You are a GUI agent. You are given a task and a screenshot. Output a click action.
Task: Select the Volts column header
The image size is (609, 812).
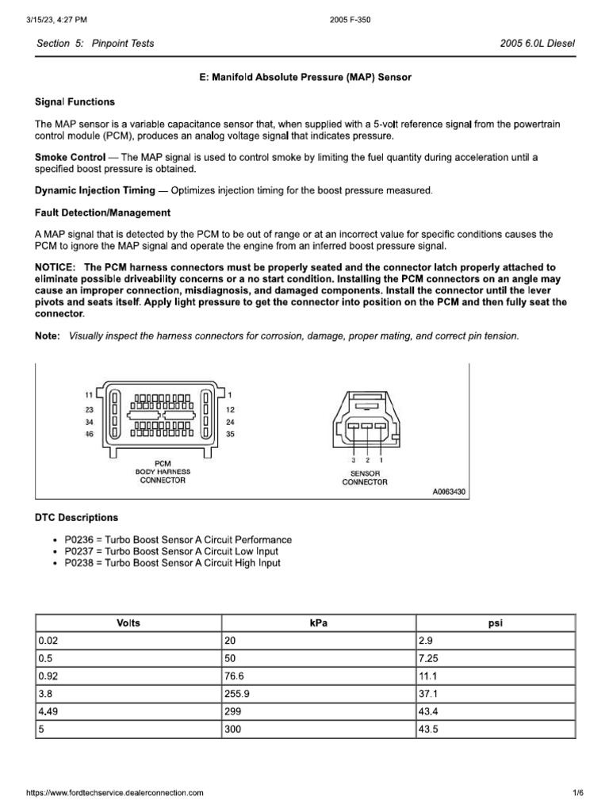pyautogui.click(x=128, y=623)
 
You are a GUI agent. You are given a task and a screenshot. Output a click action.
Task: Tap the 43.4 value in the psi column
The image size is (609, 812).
pyautogui.click(x=429, y=712)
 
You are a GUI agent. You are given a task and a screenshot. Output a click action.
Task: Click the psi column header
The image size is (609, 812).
pyautogui.click(x=495, y=623)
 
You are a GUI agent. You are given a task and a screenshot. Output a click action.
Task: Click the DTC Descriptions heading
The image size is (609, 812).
pyautogui.click(x=76, y=517)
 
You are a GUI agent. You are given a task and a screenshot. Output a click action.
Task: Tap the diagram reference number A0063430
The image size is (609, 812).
pyautogui.click(x=449, y=492)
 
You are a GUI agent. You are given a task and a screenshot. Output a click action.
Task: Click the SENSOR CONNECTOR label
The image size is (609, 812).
pyautogui.click(x=365, y=477)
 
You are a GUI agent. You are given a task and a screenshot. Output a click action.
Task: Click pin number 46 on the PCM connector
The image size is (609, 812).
pyautogui.click(x=89, y=434)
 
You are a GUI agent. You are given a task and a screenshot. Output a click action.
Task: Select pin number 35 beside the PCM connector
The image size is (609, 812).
pyautogui.click(x=229, y=434)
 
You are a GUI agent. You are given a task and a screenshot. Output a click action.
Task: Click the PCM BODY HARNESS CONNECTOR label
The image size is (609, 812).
pyautogui.click(x=162, y=471)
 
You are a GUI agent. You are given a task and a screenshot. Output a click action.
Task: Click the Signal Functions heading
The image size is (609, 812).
pyautogui.click(x=75, y=101)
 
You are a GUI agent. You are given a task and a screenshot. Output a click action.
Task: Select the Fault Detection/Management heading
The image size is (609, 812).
pyautogui.click(x=102, y=213)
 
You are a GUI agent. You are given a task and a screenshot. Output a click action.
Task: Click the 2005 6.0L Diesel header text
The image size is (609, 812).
pyautogui.click(x=537, y=44)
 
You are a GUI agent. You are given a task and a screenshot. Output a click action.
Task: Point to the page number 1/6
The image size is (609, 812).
pyautogui.click(x=577, y=792)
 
